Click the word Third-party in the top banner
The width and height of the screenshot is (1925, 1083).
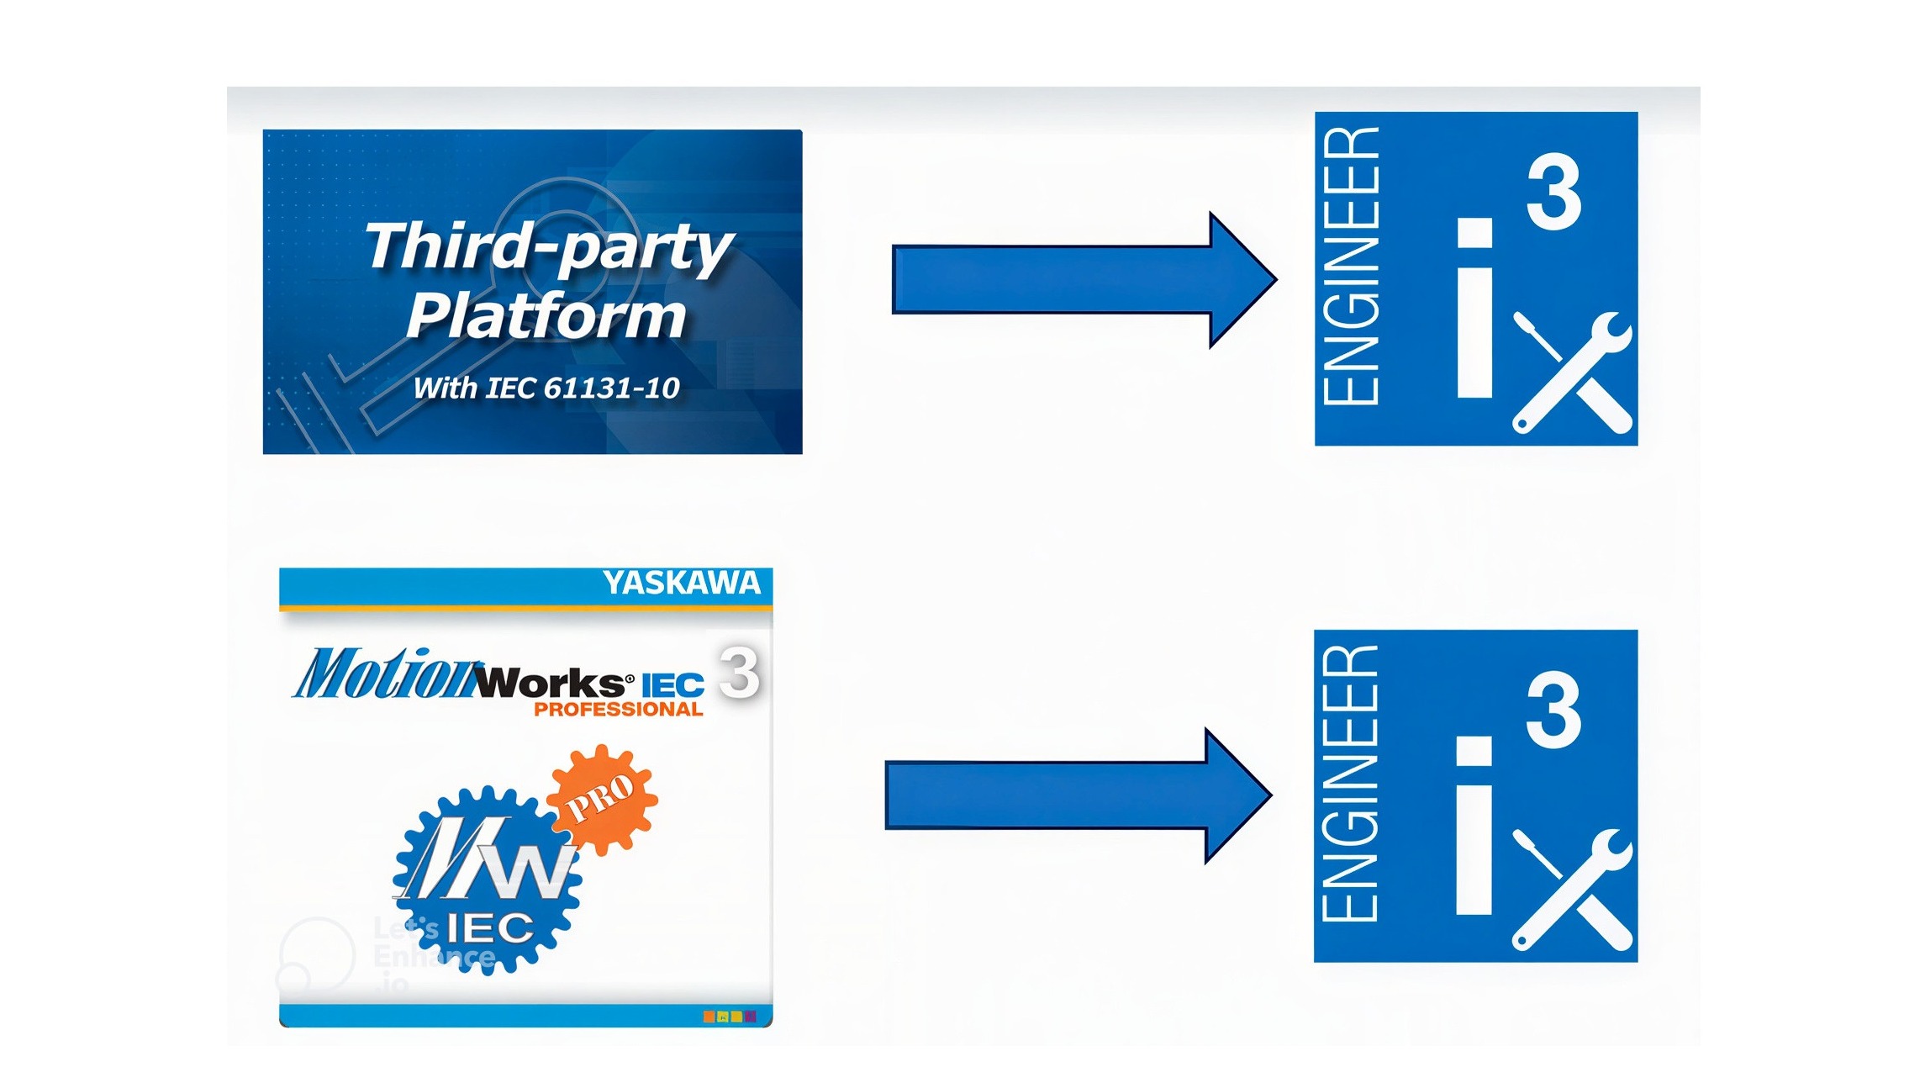click(x=550, y=248)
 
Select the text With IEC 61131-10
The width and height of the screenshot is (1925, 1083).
click(x=546, y=388)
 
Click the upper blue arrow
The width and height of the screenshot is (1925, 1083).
click(x=1084, y=280)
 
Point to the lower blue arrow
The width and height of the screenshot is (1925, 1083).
click(x=1079, y=795)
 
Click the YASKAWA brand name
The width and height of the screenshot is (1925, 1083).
click(x=682, y=583)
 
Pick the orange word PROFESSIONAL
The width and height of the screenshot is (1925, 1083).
click(x=619, y=709)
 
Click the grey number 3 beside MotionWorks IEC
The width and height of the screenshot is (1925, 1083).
click(x=740, y=672)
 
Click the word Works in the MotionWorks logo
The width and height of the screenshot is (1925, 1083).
click(x=551, y=682)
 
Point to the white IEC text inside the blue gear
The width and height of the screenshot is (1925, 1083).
click(x=489, y=928)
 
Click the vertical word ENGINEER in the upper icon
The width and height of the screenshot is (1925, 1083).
click(x=1351, y=266)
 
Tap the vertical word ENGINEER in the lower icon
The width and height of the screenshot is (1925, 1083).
click(x=1351, y=783)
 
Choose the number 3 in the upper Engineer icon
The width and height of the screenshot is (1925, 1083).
click(x=1554, y=192)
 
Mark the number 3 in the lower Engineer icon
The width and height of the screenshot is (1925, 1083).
click(x=1554, y=709)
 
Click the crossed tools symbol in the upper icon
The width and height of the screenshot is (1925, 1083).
click(x=1573, y=372)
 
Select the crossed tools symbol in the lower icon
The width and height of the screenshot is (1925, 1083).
click(x=1573, y=890)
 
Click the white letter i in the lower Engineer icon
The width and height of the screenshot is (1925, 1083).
click(x=1475, y=825)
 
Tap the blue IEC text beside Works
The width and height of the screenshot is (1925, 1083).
click(x=672, y=685)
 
